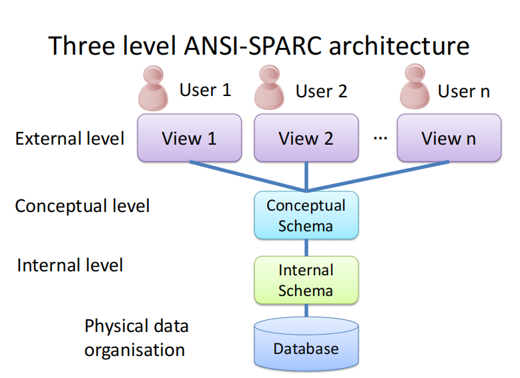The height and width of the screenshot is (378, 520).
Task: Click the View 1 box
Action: click(x=190, y=138)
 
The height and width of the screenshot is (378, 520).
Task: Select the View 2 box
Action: click(x=306, y=138)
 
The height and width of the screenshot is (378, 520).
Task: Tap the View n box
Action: click(x=449, y=138)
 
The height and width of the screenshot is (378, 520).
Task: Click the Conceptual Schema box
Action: click(x=306, y=215)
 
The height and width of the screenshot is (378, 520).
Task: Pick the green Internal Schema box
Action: click(x=306, y=280)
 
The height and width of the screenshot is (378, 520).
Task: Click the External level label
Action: click(x=69, y=139)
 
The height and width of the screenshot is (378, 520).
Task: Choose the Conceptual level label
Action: click(x=82, y=205)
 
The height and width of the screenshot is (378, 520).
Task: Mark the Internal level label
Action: click(x=70, y=265)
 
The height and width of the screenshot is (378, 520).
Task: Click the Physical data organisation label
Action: click(x=136, y=337)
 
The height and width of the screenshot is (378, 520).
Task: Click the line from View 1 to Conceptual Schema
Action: click(x=247, y=175)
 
